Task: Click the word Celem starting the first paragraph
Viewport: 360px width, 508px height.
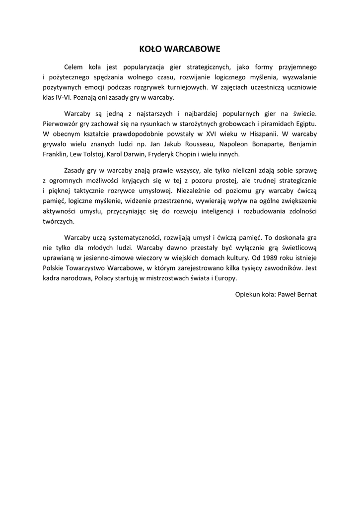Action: [73, 66]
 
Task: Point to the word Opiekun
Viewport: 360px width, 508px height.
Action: [247, 294]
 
